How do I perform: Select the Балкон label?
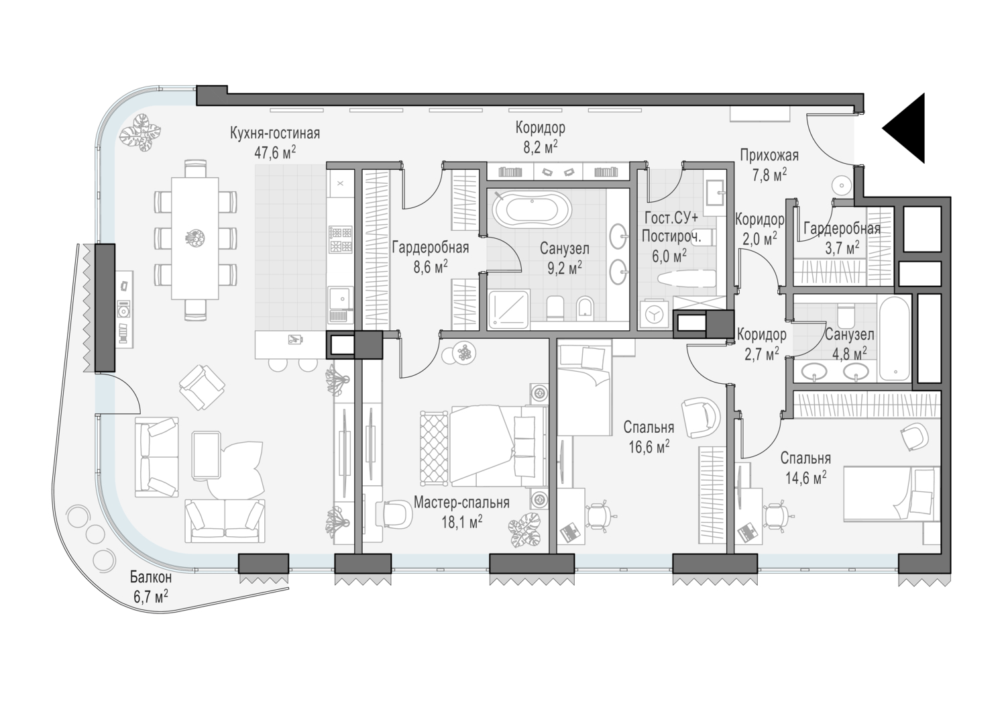coord(151,576)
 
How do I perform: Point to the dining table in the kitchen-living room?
coord(195,238)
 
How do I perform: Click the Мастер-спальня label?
coord(461,502)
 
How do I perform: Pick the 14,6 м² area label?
coord(806,477)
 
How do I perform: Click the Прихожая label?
coord(769,155)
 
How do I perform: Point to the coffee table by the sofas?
coord(206,455)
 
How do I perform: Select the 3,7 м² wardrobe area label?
coord(842,248)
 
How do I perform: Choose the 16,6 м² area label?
coord(649,446)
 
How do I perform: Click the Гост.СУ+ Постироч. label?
coord(671,227)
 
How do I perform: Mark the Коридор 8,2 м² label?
coord(541,137)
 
